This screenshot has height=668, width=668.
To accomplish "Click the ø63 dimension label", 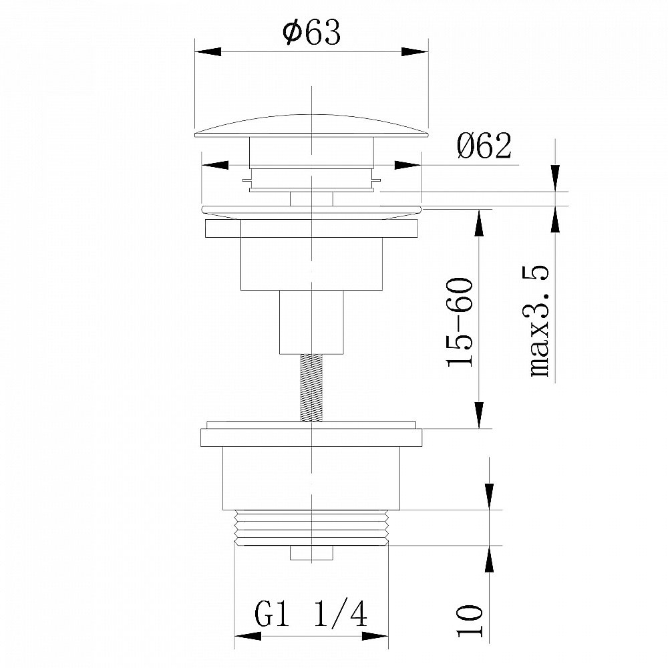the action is click(311, 32).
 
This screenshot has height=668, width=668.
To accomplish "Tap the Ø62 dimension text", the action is click(484, 146).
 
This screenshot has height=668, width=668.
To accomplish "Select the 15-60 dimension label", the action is click(460, 322).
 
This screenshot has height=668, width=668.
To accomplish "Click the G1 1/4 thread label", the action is click(311, 614).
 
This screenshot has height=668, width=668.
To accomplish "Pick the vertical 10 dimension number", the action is click(470, 621).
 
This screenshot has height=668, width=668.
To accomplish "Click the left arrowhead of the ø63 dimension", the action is click(208, 51).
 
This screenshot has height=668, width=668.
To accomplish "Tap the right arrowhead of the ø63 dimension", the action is click(415, 51).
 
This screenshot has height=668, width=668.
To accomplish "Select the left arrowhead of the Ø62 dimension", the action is click(214, 165).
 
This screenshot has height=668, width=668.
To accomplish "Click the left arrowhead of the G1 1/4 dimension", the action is click(248, 637).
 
